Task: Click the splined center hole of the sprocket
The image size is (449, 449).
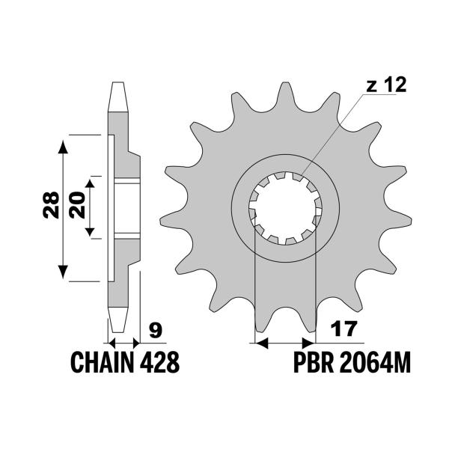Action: pos(285,207)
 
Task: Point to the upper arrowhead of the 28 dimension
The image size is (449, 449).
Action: pos(64,142)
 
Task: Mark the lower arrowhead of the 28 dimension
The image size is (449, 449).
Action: pos(64,275)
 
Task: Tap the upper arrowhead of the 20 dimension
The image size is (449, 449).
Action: pos(91,184)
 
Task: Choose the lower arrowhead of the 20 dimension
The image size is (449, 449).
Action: pos(91,233)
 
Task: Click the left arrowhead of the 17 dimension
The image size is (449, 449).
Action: pos(261,343)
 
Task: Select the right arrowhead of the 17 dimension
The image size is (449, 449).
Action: pos(309,343)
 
